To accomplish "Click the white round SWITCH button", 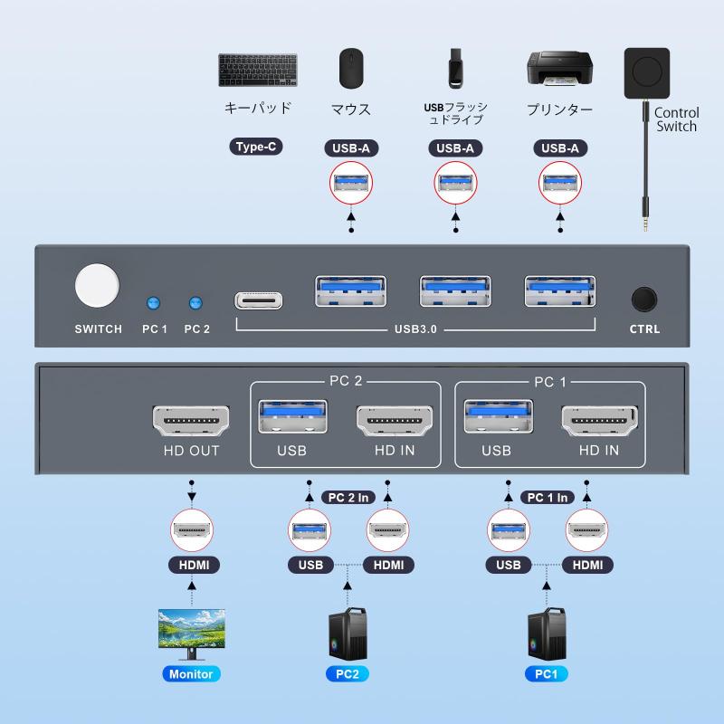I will pyautogui.click(x=98, y=286).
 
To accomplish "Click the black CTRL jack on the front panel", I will pyautogui.click(x=644, y=300).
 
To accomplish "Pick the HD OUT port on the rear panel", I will pyautogui.click(x=191, y=422).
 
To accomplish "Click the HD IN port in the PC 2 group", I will pyautogui.click(x=395, y=422).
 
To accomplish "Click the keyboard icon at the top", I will pyautogui.click(x=258, y=70).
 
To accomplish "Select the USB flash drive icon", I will pyautogui.click(x=455, y=69).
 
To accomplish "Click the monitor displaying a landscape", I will pyautogui.click(x=191, y=631).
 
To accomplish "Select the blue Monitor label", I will pyautogui.click(x=191, y=673).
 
